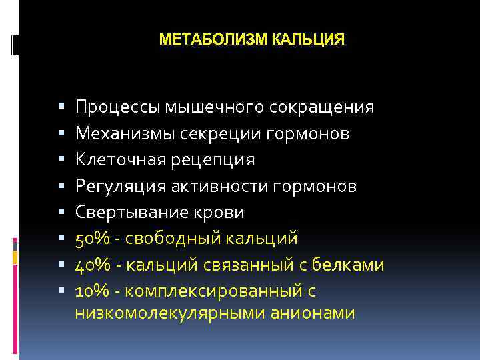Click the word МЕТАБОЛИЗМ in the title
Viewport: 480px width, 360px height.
214,40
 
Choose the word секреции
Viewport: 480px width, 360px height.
213,134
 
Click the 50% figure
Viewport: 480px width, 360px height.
90,239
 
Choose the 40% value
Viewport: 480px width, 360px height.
90,265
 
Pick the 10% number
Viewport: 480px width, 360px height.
90,291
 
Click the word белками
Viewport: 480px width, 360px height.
351,265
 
